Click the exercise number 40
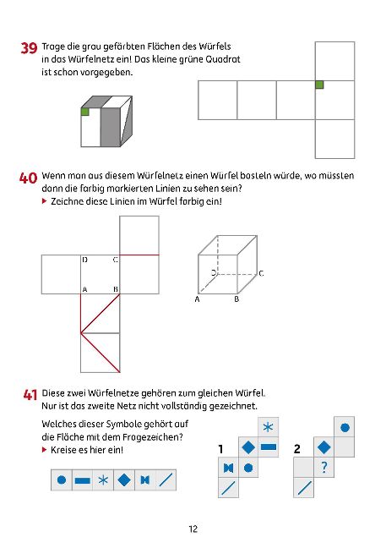(28, 178)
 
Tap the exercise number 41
(30, 394)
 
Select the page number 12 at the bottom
(193, 529)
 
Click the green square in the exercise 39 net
(319, 84)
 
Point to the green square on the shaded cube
(85, 112)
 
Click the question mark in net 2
(323, 467)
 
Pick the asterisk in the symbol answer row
(102, 480)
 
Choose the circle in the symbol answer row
(61, 480)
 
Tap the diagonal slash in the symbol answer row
(166, 480)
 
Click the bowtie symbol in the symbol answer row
(144, 480)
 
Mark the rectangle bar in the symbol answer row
(82, 480)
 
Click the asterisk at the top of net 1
(268, 427)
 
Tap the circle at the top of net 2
(344, 427)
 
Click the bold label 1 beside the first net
(220, 449)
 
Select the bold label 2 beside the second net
(297, 449)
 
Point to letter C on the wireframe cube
(261, 273)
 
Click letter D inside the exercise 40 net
(84, 260)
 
